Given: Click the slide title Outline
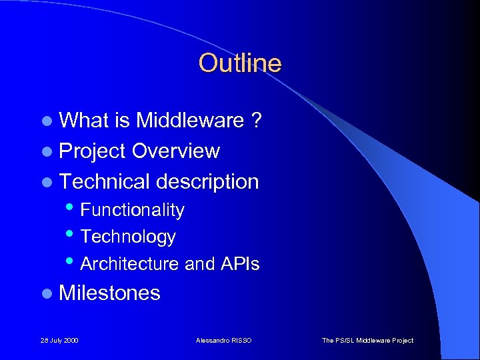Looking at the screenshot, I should (x=240, y=63).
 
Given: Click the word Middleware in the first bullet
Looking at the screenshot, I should (x=190, y=121).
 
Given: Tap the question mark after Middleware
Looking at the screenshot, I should (x=256, y=121).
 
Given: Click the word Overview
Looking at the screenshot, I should (x=175, y=151).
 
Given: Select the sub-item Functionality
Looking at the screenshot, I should (x=132, y=210).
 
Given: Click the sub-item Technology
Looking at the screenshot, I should (x=128, y=237).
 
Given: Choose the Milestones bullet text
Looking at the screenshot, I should (x=110, y=293).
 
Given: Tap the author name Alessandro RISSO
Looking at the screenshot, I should (x=224, y=341).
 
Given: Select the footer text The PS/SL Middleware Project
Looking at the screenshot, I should (x=367, y=341).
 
